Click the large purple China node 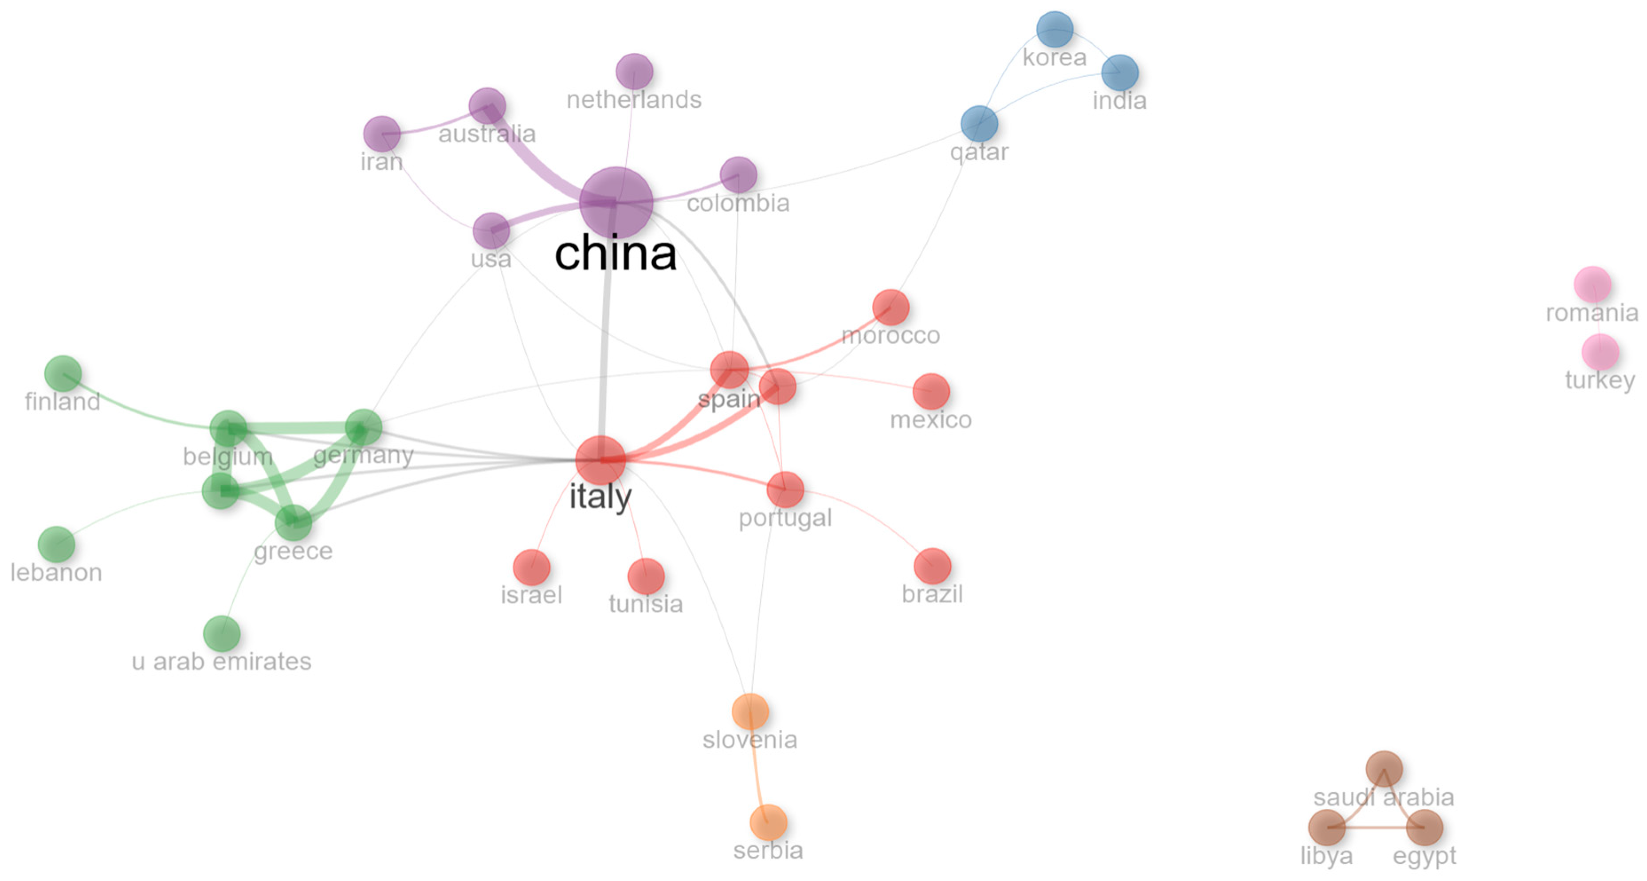click(x=616, y=202)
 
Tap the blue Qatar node click(x=979, y=124)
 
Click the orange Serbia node click(x=768, y=822)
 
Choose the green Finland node click(x=63, y=373)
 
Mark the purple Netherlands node click(x=634, y=71)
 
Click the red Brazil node click(x=932, y=566)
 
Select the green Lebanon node click(x=56, y=544)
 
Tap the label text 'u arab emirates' click(x=221, y=661)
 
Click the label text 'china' click(x=615, y=253)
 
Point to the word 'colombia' click(x=738, y=204)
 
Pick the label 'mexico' click(x=931, y=420)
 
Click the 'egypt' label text click(x=1424, y=856)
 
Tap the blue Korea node click(x=1054, y=29)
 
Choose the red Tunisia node click(x=646, y=576)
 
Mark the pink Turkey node click(x=1600, y=352)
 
